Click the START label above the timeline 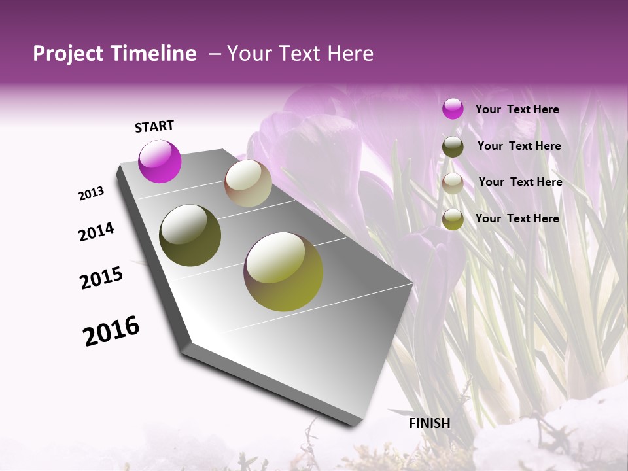pyautogui.click(x=154, y=126)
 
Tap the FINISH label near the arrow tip pyautogui.click(x=430, y=423)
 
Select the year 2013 pyautogui.click(x=92, y=194)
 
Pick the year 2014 pyautogui.click(x=96, y=232)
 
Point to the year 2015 pyautogui.click(x=101, y=277)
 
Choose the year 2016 pyautogui.click(x=111, y=330)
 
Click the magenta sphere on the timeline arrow pyautogui.click(x=160, y=162)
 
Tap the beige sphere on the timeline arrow pyautogui.click(x=249, y=183)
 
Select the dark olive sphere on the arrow pyautogui.click(x=190, y=235)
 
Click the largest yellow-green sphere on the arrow pyautogui.click(x=283, y=271)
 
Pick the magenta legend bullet pyautogui.click(x=453, y=109)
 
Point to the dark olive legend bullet pyautogui.click(x=453, y=147)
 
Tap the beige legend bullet pyautogui.click(x=453, y=183)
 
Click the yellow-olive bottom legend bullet pyautogui.click(x=453, y=219)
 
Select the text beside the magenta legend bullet pyautogui.click(x=517, y=109)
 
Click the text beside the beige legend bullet pyautogui.click(x=520, y=182)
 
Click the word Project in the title pyautogui.click(x=69, y=54)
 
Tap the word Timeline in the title pyautogui.click(x=154, y=54)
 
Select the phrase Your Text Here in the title pyautogui.click(x=300, y=54)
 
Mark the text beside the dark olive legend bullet pyautogui.click(x=519, y=146)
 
